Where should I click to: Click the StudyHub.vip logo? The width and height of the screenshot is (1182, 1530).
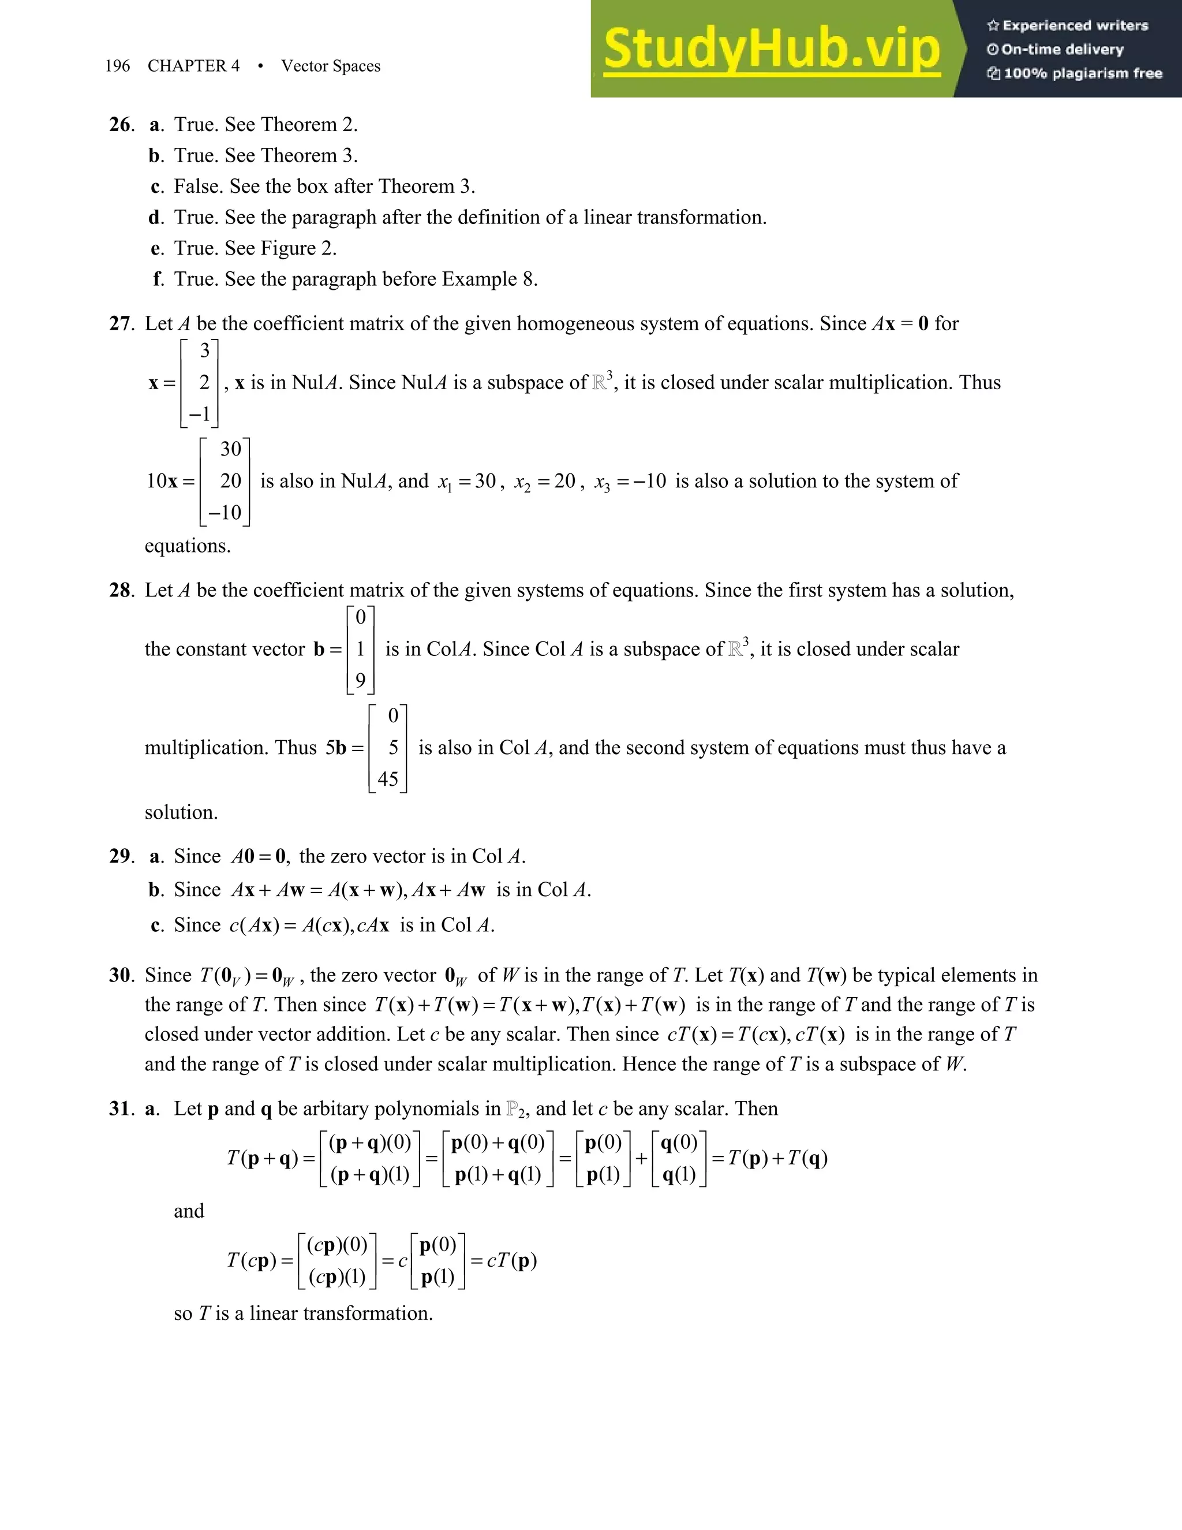(772, 49)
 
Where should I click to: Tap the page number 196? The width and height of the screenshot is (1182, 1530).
(118, 66)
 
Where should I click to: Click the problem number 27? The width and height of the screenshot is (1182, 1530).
(121, 324)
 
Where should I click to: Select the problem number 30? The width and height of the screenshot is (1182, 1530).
(121, 975)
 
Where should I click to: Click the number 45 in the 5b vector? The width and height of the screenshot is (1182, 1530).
(387, 779)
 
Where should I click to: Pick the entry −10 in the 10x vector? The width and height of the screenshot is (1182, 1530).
(225, 513)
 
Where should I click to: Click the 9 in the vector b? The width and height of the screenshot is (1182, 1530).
(361, 680)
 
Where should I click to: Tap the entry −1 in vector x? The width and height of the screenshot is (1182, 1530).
(200, 414)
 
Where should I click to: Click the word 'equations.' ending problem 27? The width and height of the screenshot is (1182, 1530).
(188, 546)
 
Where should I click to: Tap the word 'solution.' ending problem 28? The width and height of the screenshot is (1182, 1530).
(181, 813)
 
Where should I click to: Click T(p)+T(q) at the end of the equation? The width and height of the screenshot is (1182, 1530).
(777, 1158)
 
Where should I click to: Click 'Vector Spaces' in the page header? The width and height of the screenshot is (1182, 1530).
(331, 66)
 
